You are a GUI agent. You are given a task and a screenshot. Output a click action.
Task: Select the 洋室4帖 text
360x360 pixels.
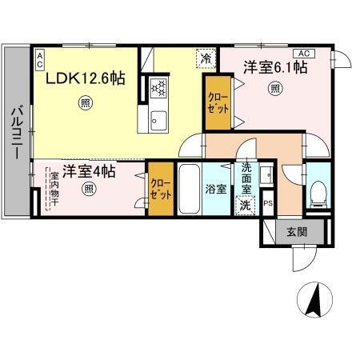pos(89,170)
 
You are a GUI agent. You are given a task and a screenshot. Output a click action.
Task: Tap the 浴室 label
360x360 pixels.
pos(215,190)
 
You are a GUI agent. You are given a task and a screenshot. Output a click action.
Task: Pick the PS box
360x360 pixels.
pos(268,203)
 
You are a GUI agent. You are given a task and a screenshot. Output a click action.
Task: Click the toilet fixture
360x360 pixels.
pos(317,190)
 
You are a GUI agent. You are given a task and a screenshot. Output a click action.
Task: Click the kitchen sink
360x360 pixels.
pos(156,120)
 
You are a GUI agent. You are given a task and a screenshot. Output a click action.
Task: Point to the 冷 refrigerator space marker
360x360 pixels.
pos(206,58)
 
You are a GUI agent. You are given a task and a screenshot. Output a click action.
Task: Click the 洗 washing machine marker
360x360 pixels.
pos(246,205)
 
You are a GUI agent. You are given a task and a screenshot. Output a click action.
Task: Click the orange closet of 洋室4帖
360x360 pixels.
pos(160,188)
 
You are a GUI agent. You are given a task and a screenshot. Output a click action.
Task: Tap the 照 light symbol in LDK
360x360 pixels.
pos(85,102)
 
